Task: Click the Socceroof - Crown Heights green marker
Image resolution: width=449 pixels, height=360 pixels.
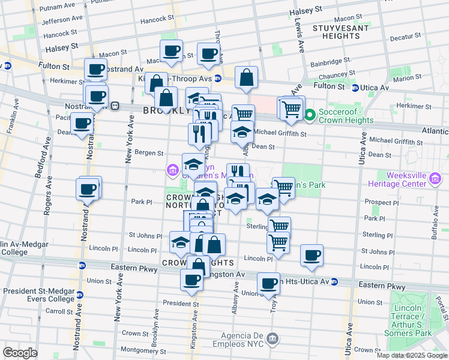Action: coord(310,115)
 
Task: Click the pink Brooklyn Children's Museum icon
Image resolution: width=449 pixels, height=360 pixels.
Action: coord(173,171)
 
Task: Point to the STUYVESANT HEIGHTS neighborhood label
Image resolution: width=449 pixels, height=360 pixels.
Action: coord(336,32)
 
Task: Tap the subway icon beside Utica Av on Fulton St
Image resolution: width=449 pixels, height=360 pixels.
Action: coord(355,88)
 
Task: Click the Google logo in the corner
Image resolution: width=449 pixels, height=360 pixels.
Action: coord(20,353)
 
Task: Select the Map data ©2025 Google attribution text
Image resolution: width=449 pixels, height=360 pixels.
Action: coord(412,355)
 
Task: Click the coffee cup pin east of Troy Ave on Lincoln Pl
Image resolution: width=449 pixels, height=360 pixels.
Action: coord(312,255)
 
